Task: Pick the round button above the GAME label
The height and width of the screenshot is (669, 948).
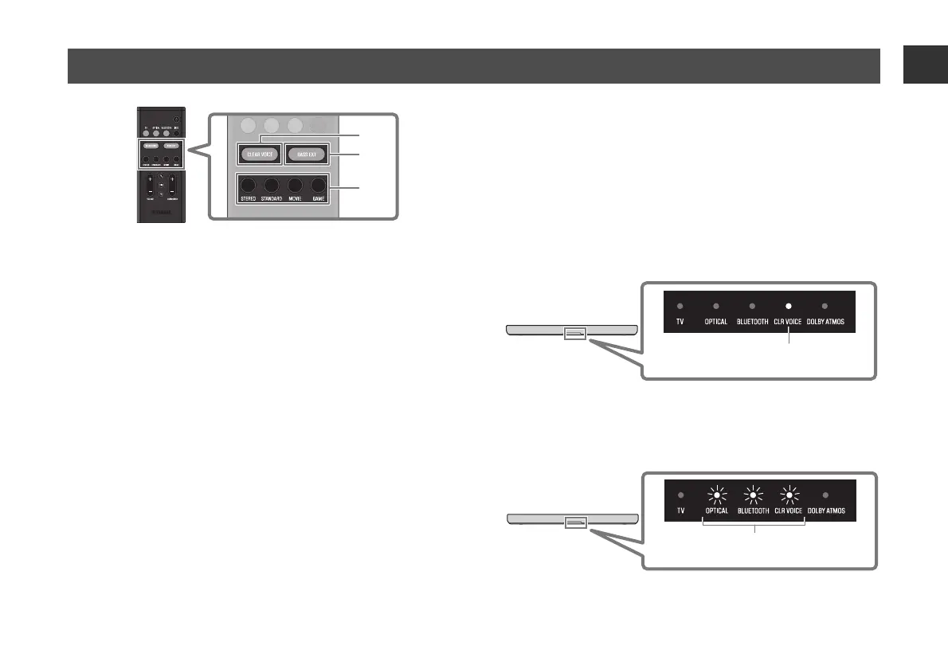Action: [319, 189]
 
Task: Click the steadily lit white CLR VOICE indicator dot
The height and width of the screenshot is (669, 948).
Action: [788, 306]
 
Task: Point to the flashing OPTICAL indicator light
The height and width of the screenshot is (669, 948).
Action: [716, 495]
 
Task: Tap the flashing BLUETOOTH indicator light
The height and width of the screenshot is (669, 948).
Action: [751, 495]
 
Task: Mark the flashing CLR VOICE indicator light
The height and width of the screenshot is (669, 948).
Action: [788, 495]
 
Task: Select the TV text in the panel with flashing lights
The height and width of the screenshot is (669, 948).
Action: [680, 510]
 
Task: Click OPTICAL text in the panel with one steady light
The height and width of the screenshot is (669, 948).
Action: [716, 322]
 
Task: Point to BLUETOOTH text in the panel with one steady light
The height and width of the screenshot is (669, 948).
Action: [751, 322]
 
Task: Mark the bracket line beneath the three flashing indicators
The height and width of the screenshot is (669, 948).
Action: [754, 525]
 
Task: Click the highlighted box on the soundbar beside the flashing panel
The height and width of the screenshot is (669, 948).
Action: [575, 522]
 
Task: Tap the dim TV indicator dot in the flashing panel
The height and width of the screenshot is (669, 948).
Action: [680, 495]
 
